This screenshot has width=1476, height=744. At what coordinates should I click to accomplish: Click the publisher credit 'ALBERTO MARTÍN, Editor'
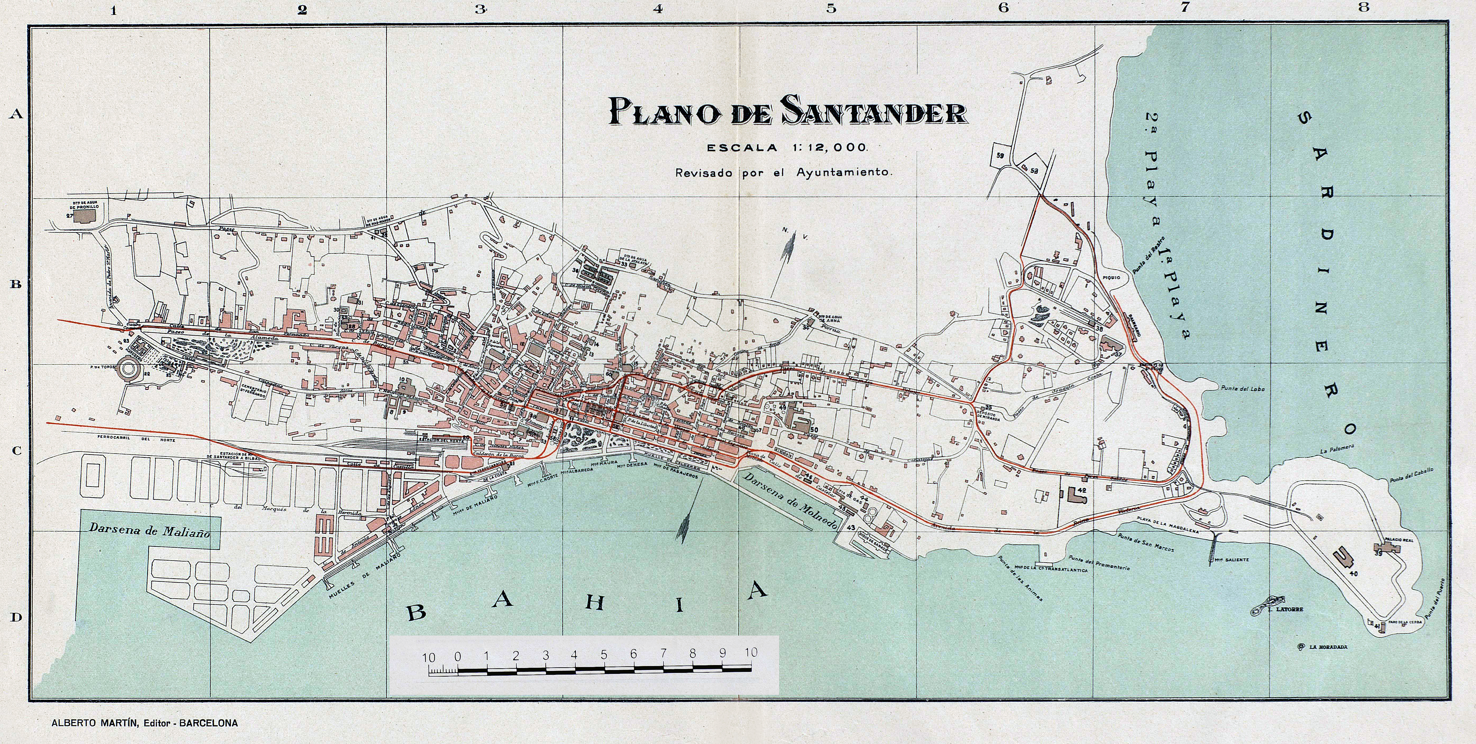[144, 723]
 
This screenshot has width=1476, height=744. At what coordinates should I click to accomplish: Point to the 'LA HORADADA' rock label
[1328, 647]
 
